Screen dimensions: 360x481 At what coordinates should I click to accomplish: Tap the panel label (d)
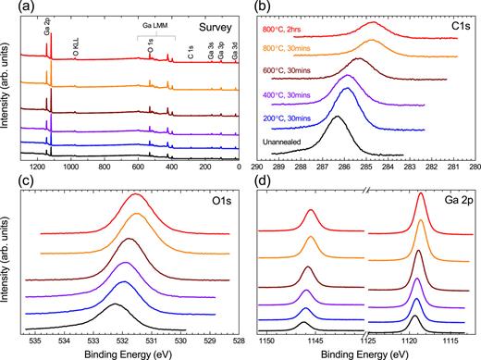(260, 182)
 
